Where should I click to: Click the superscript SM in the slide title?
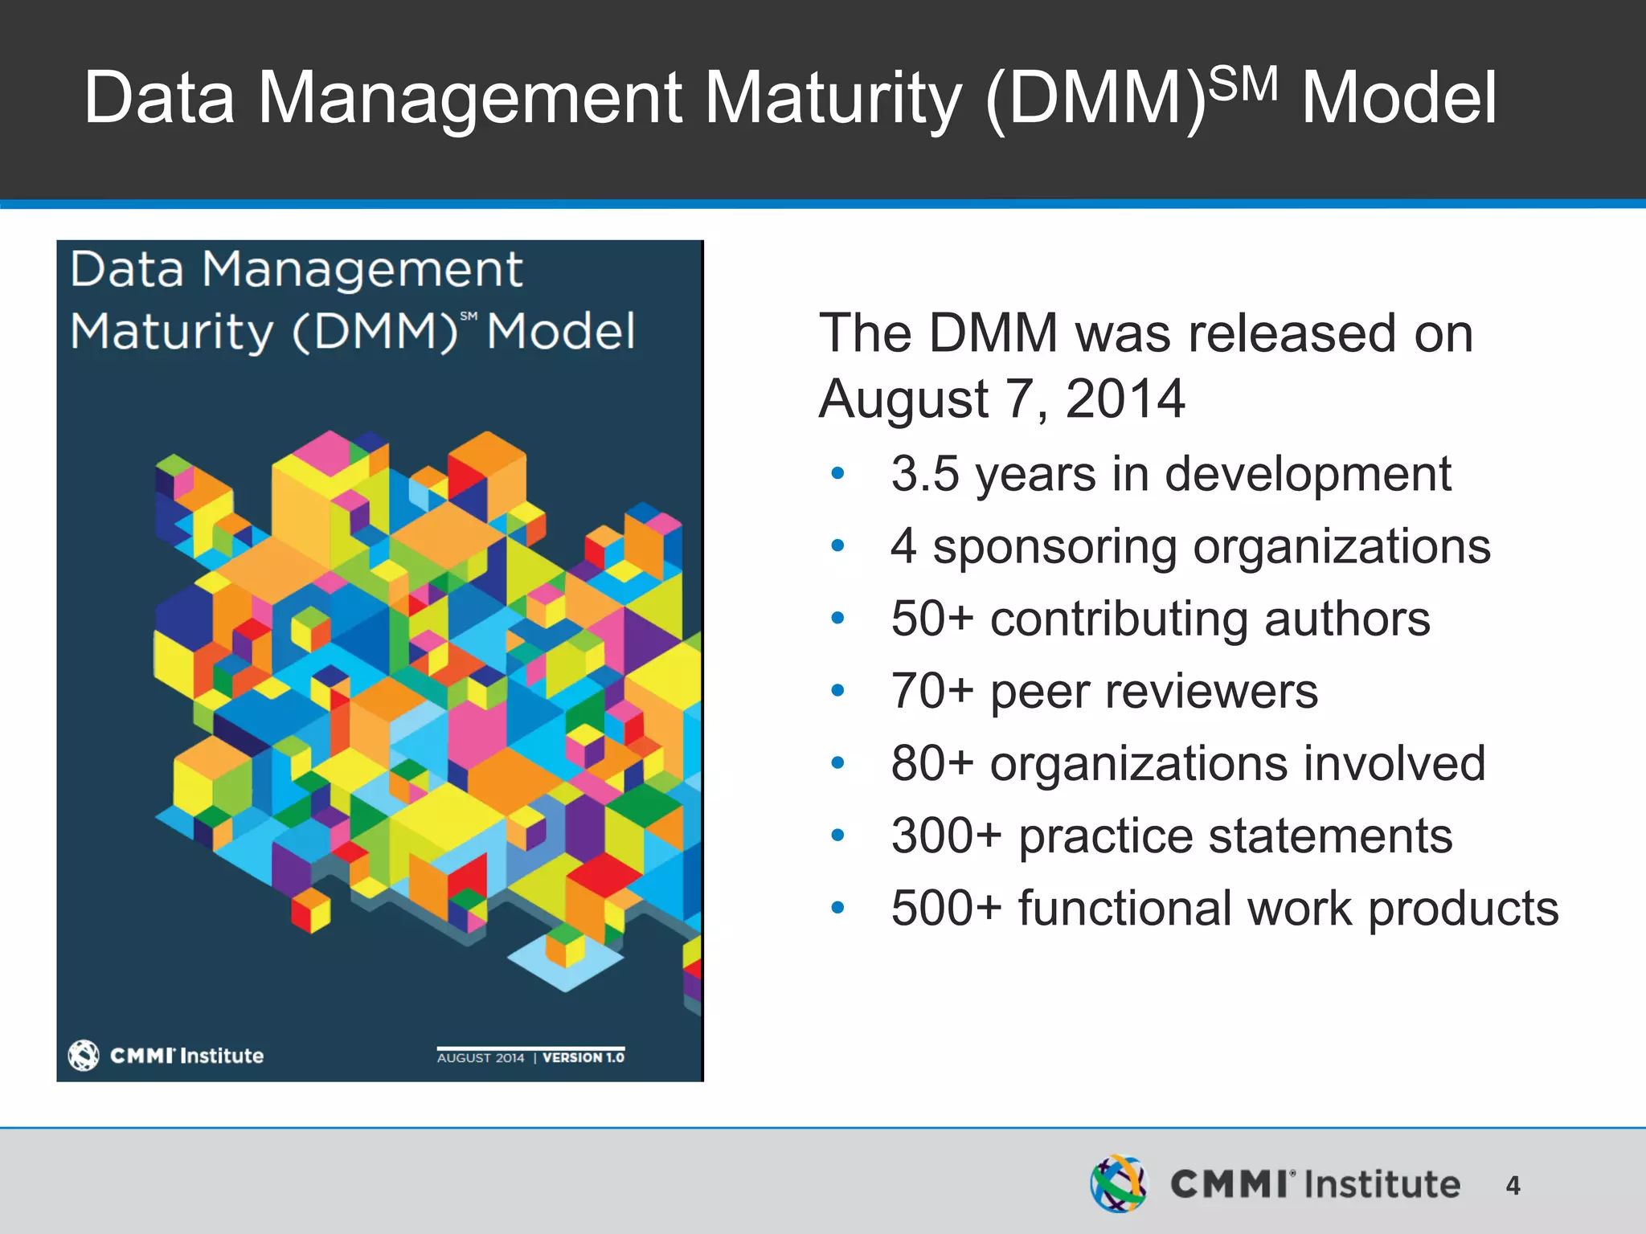pyautogui.click(x=1243, y=84)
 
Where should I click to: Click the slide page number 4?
pyautogui.click(x=1513, y=1185)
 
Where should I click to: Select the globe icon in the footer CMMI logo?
pyautogui.click(x=1118, y=1183)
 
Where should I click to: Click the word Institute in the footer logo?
pyautogui.click(x=1382, y=1185)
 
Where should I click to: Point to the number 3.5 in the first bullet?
pyautogui.click(x=925, y=474)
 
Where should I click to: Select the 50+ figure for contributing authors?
pyautogui.click(x=932, y=619)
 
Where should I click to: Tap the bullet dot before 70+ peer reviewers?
pyautogui.click(x=837, y=691)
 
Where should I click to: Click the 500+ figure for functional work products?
pyautogui.click(x=947, y=909)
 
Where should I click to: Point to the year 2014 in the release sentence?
pyautogui.click(x=1124, y=398)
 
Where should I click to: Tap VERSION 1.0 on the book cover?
pyautogui.click(x=583, y=1057)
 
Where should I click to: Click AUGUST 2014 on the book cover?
pyautogui.click(x=481, y=1058)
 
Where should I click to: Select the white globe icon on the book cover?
pyautogui.click(x=84, y=1055)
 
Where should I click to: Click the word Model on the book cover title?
pyautogui.click(x=561, y=331)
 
